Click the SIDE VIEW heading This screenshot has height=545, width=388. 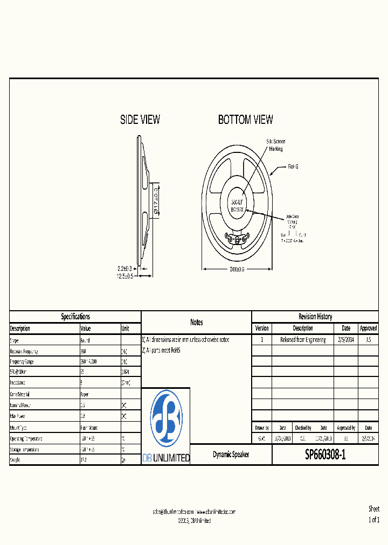(140, 120)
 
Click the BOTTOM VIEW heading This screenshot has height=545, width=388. (245, 120)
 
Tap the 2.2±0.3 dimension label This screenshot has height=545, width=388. (125, 268)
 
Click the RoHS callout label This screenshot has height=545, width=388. (293, 166)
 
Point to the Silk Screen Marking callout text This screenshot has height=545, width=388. (275, 145)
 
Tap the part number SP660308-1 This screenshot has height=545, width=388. (325, 455)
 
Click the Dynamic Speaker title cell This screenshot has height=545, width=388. (231, 455)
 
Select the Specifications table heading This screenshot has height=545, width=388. (75, 317)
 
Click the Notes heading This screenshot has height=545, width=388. (197, 322)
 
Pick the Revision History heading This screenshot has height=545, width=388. (315, 317)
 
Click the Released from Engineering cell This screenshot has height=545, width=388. (303, 340)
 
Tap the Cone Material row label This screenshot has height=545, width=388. (20, 394)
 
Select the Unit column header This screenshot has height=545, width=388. (125, 329)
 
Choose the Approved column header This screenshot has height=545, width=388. (368, 328)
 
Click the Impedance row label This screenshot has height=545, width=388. (19, 383)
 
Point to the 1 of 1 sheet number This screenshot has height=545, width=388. (373, 520)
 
